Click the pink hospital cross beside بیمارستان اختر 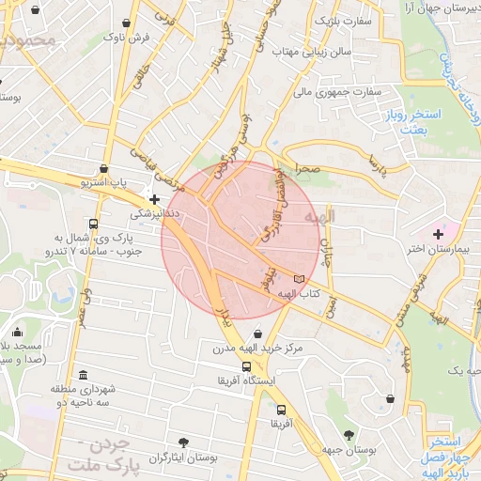click(439, 233)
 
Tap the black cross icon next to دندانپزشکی click(155, 199)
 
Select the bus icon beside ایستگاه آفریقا click(246, 367)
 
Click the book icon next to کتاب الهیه click(300, 279)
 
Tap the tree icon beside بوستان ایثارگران click(182, 442)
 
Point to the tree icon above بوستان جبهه click(349, 434)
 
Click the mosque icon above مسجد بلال click(18, 331)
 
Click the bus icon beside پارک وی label click(92, 224)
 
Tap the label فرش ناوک click(127, 36)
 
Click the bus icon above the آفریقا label click(281, 410)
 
